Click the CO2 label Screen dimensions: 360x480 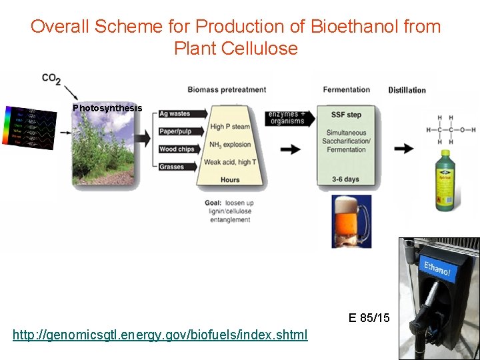51,79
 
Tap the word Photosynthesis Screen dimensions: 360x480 107,108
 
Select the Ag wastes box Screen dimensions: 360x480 175,114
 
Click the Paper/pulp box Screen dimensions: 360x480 176,131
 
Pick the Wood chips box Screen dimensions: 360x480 177,149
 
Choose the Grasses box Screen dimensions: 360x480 172,167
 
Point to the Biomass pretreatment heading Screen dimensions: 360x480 227,89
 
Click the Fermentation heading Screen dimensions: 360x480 346,89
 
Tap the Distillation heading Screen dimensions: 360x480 407,90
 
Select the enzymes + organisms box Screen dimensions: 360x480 287,117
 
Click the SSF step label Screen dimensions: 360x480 347,115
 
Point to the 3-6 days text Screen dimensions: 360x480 345,179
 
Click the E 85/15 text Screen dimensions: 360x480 369,318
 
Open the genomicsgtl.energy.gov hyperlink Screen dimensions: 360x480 160,335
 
